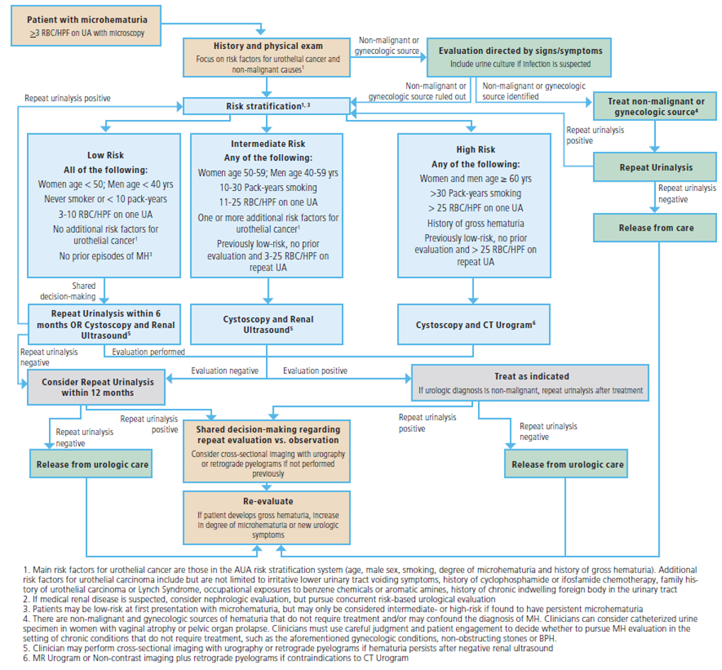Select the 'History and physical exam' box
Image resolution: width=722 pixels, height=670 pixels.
(x=267, y=57)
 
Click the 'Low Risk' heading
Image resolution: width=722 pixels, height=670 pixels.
(x=106, y=155)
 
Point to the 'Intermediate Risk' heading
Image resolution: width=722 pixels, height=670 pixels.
(x=267, y=143)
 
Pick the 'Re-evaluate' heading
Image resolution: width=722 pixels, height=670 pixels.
(x=267, y=501)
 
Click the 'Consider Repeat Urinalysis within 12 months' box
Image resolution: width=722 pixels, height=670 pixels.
(x=87, y=387)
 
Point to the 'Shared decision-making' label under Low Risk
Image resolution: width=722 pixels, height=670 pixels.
(x=83, y=291)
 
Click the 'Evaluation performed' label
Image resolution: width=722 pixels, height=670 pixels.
(x=148, y=351)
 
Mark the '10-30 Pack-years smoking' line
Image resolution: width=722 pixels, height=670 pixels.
(x=267, y=187)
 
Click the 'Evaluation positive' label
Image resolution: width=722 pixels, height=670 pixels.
(x=315, y=370)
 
